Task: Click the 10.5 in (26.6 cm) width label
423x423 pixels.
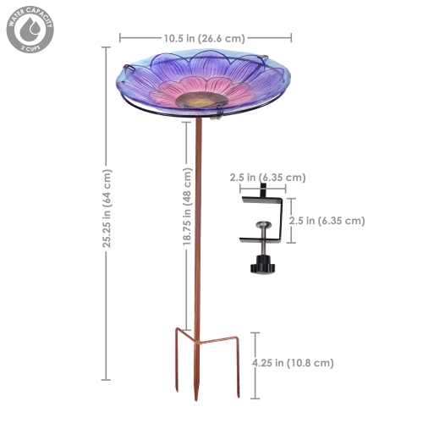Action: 206,37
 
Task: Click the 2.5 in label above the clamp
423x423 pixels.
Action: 267,178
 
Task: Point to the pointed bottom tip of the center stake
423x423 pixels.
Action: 196,398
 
